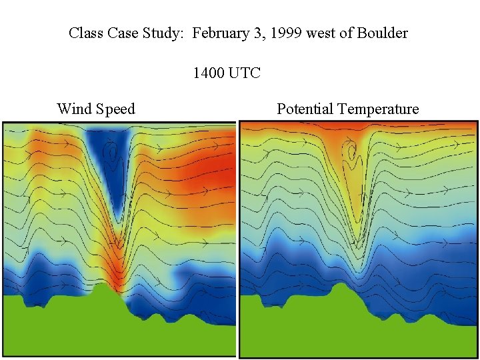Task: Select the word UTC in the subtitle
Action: (245, 73)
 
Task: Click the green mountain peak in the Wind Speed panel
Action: (102, 289)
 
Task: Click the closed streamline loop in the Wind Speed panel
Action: (112, 156)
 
